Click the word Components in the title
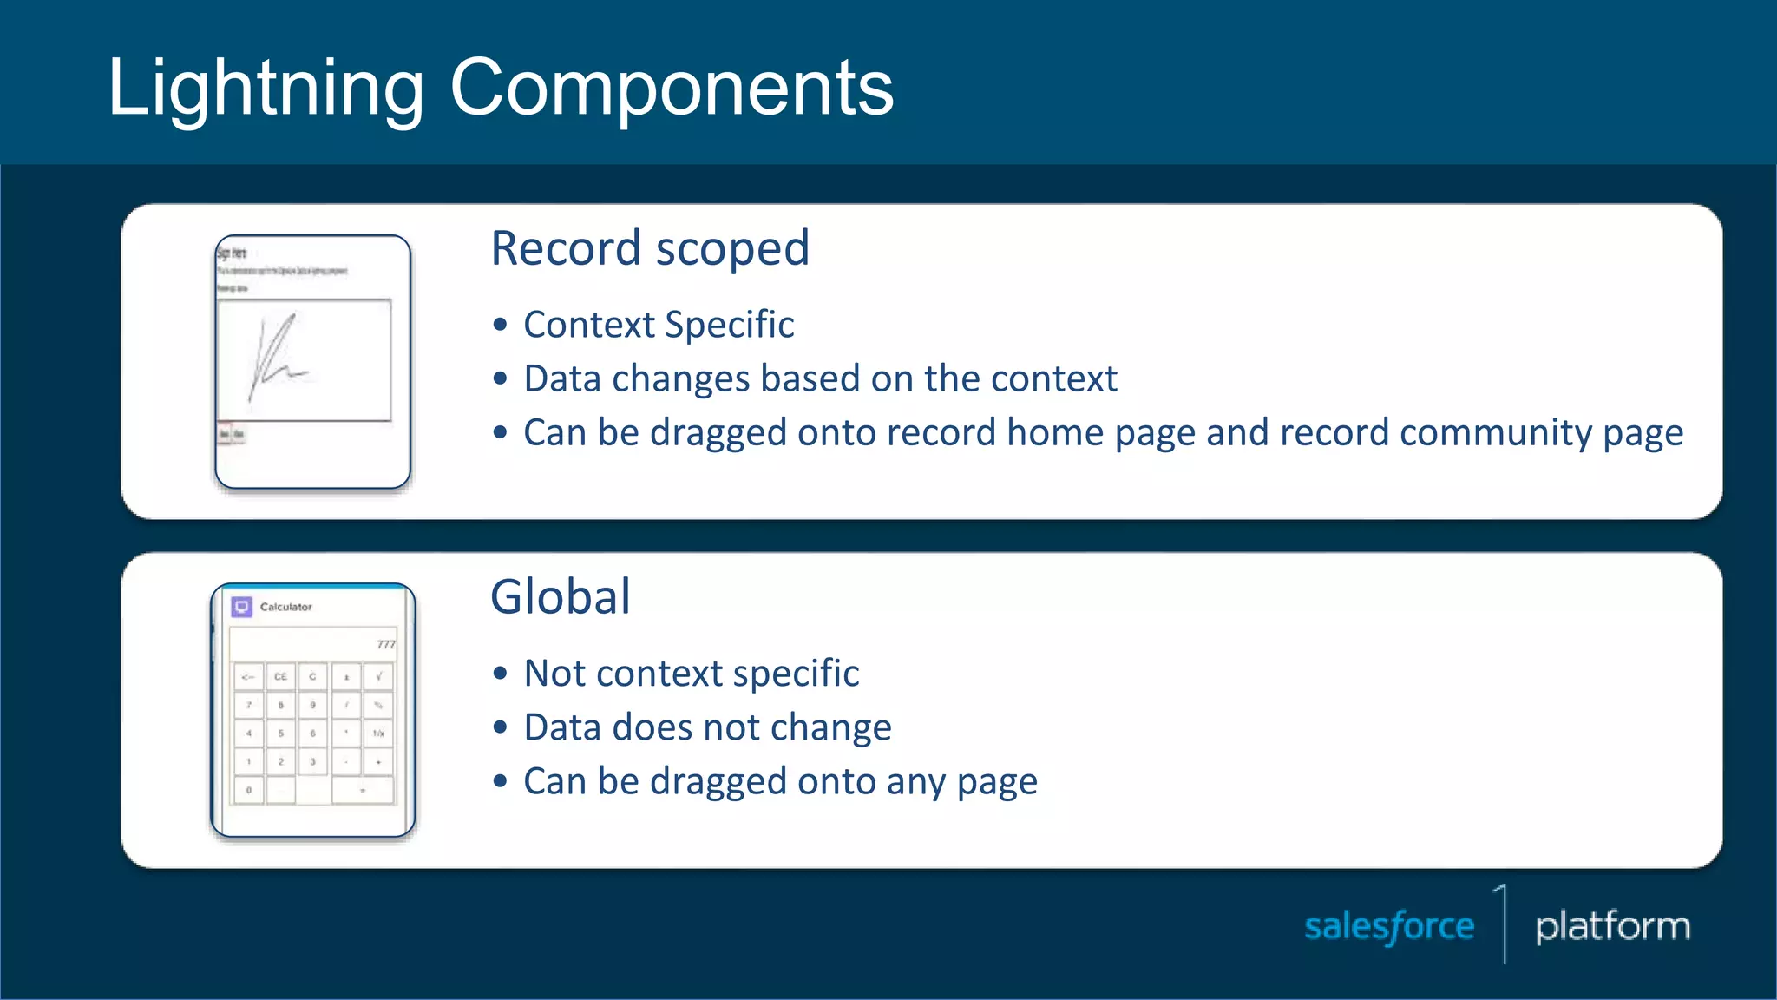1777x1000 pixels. (x=672, y=89)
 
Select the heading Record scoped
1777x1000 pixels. (x=650, y=249)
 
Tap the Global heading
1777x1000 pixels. (x=561, y=597)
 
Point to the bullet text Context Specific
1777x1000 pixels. (x=659, y=325)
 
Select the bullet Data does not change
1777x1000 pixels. (x=707, y=727)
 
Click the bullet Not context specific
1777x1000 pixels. (x=692, y=674)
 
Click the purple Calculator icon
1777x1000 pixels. (x=242, y=607)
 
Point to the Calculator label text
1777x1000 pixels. (x=285, y=607)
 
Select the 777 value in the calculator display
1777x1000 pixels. (x=385, y=644)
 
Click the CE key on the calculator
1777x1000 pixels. (x=280, y=676)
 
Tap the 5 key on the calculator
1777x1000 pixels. (x=280, y=734)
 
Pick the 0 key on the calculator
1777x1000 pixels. (x=249, y=790)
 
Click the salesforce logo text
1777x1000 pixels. (x=1389, y=927)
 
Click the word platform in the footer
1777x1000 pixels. (x=1612, y=927)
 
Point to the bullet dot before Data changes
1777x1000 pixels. (x=500, y=379)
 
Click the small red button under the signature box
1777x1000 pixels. (x=225, y=434)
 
